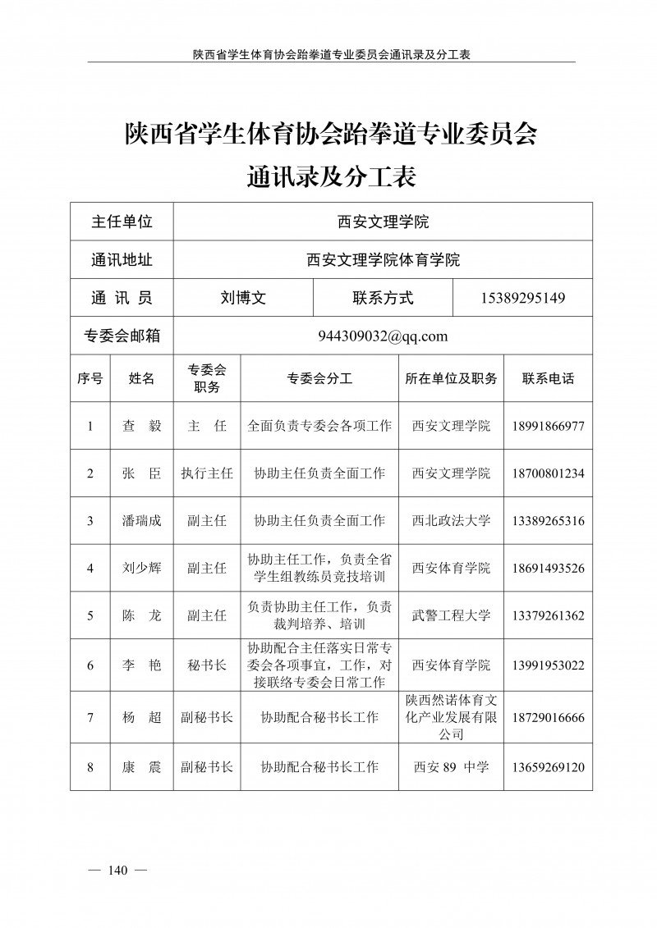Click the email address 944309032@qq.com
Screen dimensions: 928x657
point(383,336)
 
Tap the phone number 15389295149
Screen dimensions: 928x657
point(522,299)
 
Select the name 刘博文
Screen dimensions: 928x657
point(243,299)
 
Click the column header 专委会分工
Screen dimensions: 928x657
point(319,379)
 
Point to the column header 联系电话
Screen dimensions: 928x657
point(548,379)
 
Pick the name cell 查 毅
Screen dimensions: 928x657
point(141,427)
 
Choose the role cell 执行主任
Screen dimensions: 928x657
point(207,473)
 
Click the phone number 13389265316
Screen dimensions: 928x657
point(548,521)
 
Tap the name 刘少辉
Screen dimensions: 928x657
point(141,568)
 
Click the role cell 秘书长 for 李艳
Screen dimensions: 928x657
point(207,665)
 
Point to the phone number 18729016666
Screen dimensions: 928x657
point(548,717)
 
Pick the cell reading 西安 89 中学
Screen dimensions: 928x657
point(451,767)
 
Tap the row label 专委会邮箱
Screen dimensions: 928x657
point(122,336)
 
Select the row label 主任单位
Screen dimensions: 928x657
point(122,222)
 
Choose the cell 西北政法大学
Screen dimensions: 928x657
point(451,521)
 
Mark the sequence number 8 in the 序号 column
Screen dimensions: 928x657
point(90,767)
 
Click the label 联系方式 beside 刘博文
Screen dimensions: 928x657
point(383,299)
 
